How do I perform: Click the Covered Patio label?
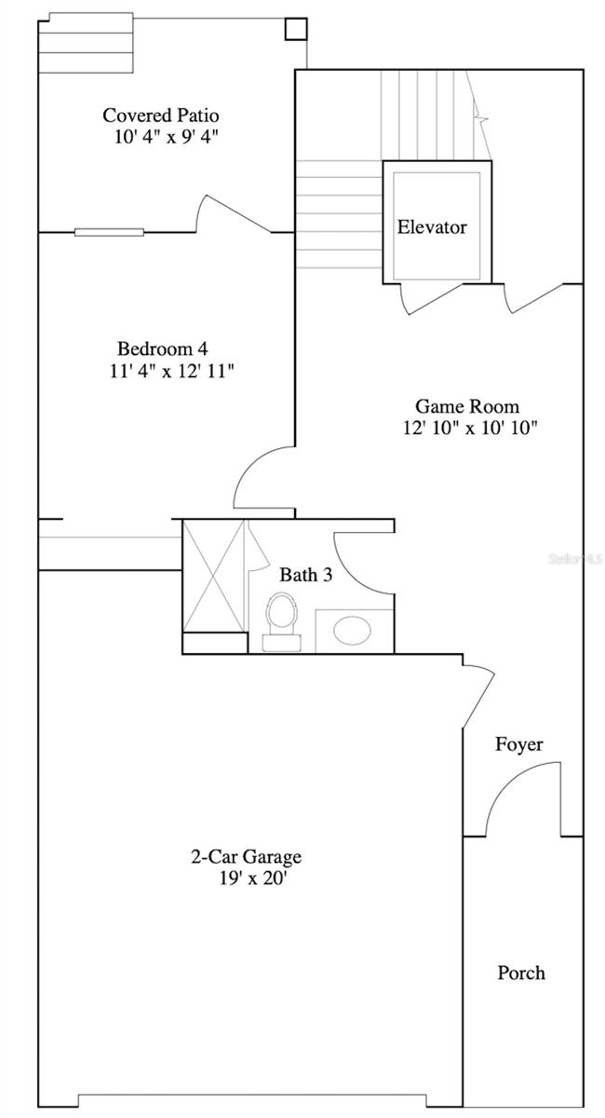(161, 116)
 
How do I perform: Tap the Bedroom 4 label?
(162, 348)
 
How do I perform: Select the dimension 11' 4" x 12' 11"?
(170, 372)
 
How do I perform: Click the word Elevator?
(432, 226)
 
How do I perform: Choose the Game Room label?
(466, 406)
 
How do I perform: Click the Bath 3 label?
(306, 575)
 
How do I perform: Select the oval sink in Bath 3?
(353, 631)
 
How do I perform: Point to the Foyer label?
(518, 744)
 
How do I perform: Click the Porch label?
(521, 973)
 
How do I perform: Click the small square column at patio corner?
(295, 29)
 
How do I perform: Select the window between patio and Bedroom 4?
(109, 231)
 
